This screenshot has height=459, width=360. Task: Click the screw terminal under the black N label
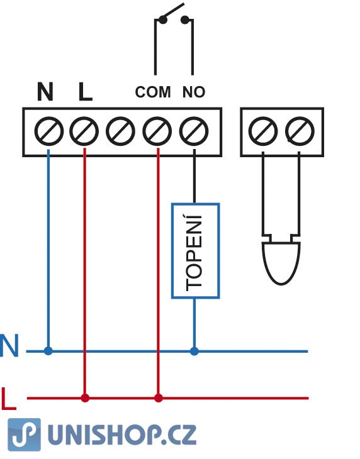click(x=48, y=131)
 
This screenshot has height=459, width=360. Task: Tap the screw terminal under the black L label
click(x=84, y=131)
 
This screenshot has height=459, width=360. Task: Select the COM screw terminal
click(x=157, y=131)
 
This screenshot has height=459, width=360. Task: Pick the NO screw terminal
click(x=194, y=131)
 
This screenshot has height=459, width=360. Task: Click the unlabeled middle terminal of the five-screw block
click(x=120, y=131)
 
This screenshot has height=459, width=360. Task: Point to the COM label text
click(x=152, y=92)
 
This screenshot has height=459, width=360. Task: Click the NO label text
click(x=194, y=92)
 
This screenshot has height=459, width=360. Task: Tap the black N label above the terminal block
click(x=45, y=91)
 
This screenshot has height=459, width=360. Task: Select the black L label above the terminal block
click(x=85, y=91)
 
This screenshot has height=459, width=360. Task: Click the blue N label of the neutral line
click(x=9, y=345)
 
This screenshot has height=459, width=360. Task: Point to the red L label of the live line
click(x=8, y=399)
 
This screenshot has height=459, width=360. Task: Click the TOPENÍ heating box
click(x=195, y=251)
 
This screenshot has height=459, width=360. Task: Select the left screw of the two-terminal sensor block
click(x=262, y=131)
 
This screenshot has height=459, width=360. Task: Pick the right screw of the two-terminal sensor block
click(x=300, y=131)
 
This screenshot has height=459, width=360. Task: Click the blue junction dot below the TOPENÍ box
click(x=194, y=351)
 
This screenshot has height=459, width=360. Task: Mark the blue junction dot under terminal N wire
click(x=48, y=351)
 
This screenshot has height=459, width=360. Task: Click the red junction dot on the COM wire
click(x=159, y=398)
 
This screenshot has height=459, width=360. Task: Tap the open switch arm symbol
click(x=174, y=13)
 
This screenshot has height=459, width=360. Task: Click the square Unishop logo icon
click(x=25, y=434)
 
